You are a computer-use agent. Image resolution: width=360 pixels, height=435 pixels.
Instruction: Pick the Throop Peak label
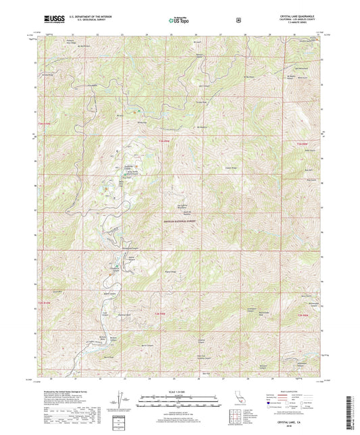pos(200,102)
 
